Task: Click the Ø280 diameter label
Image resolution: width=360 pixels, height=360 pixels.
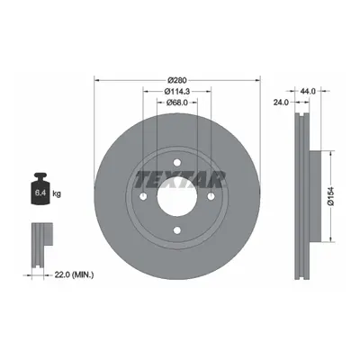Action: coord(177,80)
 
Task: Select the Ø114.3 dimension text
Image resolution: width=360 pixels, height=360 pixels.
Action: coord(177,92)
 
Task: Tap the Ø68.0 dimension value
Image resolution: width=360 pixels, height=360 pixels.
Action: coord(177,103)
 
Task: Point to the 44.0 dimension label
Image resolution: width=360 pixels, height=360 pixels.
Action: coord(308,91)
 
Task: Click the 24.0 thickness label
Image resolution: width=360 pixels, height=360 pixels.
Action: coord(281,103)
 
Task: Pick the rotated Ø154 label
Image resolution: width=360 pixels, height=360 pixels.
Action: coord(331,196)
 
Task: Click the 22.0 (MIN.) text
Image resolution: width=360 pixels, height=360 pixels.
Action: coord(74,274)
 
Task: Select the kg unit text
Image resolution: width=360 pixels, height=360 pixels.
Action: coord(57,193)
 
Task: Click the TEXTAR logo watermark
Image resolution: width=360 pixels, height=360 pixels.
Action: coord(179,179)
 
